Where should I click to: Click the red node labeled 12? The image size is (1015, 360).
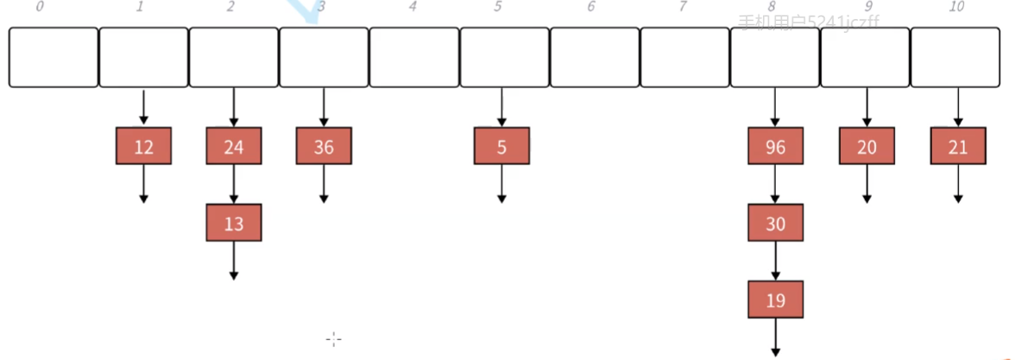(x=144, y=146)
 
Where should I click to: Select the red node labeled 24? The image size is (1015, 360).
(x=234, y=146)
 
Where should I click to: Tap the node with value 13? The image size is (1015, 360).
(x=234, y=223)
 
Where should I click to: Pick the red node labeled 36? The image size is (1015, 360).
(x=324, y=146)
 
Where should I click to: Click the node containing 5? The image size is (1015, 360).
(x=501, y=146)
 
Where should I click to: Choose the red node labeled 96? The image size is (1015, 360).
(x=775, y=146)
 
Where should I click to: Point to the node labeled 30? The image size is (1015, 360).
(x=775, y=223)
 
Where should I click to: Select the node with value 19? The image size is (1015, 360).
(x=775, y=300)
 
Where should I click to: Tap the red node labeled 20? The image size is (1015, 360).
(x=867, y=146)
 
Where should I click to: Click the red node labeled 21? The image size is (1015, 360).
(x=958, y=146)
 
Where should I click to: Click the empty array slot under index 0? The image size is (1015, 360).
(x=54, y=57)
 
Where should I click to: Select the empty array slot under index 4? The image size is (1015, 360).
(x=413, y=57)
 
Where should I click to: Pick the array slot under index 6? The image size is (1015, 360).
(x=595, y=57)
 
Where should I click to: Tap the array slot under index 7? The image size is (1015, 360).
(x=684, y=57)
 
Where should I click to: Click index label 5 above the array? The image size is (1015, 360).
(x=499, y=8)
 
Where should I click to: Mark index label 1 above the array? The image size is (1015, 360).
(x=140, y=8)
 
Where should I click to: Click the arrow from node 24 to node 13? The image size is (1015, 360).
(x=234, y=184)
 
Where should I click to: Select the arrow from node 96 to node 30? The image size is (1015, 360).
(x=775, y=184)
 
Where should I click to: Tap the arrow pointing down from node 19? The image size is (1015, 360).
(x=775, y=337)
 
